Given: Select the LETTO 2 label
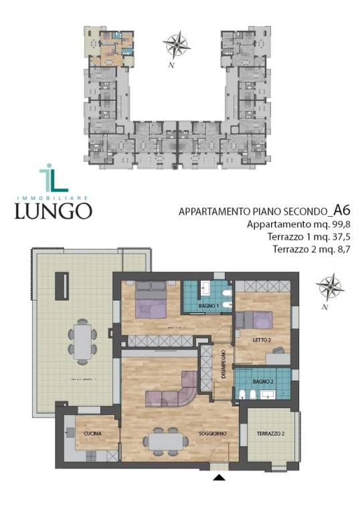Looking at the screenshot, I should pos(260,340).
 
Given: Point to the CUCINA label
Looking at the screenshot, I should pos(93,434).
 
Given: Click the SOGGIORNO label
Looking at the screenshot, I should pos(212,434).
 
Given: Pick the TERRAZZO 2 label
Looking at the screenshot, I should pos(270,434).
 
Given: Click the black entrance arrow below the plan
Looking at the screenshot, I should pos(219,478).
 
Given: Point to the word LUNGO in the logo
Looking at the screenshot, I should pos(55,210).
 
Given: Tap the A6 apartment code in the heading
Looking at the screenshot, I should pos(344,209).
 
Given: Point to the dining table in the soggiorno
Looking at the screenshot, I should pos(164,440).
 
